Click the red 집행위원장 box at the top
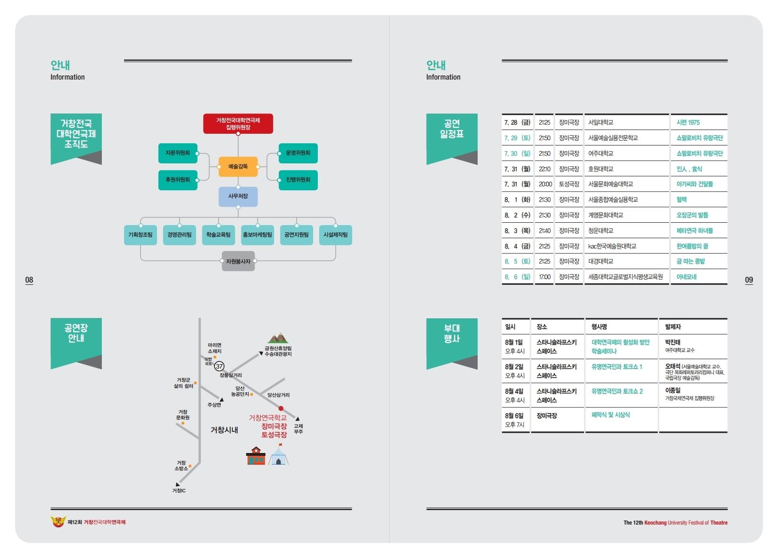tap(238, 124)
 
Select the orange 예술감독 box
tap(238, 167)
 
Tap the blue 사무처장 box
tap(238, 196)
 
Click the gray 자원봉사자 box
tap(238, 261)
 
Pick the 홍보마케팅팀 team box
tap(257, 235)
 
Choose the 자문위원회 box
tap(178, 153)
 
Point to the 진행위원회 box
tap(298, 180)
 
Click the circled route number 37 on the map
tap(219, 366)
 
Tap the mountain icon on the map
tap(278, 338)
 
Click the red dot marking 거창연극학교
tap(281, 408)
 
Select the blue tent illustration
tap(279, 455)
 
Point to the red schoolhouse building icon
tap(256, 456)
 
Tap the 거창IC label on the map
tap(179, 491)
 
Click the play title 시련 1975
tap(688, 122)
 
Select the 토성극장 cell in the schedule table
tap(569, 184)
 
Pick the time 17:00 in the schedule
tap(545, 277)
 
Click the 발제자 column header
tap(673, 327)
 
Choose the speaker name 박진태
tap(673, 342)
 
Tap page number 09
tap(749, 280)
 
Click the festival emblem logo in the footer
tap(58, 522)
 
